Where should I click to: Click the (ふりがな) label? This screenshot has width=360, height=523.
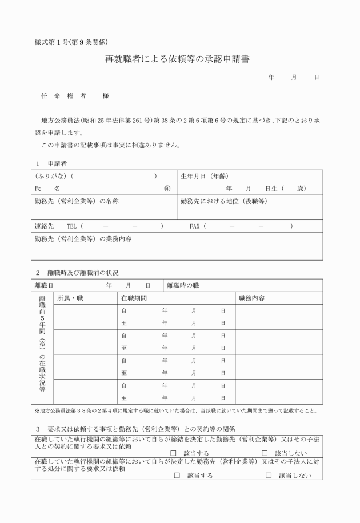point(51,176)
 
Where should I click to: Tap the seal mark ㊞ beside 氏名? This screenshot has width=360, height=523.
point(167,188)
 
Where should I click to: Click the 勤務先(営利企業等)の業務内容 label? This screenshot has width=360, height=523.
point(83,239)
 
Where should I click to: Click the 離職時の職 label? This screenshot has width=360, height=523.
point(183,285)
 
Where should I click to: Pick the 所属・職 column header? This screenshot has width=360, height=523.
point(70,298)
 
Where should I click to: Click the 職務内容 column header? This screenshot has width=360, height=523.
point(251,298)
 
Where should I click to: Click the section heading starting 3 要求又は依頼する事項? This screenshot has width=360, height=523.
point(135,429)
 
